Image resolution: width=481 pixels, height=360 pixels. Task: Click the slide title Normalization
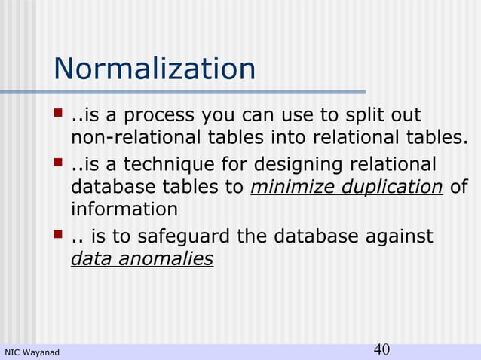click(155, 70)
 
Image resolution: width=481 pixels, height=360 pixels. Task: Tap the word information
click(124, 208)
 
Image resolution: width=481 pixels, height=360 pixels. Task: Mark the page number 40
click(381, 349)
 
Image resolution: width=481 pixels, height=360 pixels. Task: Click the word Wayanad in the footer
click(41, 352)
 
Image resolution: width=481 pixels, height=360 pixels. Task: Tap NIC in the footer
click(12, 352)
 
